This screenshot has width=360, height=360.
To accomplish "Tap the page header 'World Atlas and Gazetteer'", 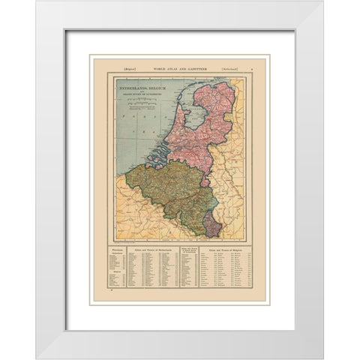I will coord(180,67).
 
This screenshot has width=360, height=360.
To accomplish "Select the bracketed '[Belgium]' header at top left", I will coord(119,67).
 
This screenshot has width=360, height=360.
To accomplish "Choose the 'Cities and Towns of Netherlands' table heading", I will coord(151,247).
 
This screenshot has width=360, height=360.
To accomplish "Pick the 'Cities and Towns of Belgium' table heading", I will coord(224,247).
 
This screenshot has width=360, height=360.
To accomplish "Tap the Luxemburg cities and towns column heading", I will coord(187,248).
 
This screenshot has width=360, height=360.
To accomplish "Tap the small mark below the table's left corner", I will coord(111,299).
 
